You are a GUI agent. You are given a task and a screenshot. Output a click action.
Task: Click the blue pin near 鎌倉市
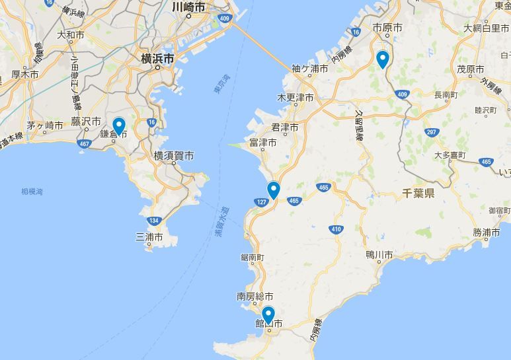(x=119, y=125)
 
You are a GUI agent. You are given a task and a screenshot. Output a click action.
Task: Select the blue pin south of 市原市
(x=382, y=59)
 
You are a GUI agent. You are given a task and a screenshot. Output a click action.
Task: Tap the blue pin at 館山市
(x=268, y=315)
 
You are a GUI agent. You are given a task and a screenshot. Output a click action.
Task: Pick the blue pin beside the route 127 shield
(x=273, y=190)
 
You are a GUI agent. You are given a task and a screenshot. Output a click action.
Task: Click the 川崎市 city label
(x=188, y=7)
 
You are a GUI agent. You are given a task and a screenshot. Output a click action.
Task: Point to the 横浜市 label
(x=158, y=58)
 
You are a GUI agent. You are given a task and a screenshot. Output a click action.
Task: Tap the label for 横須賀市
(x=174, y=156)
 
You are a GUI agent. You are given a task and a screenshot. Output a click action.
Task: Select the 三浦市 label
(x=149, y=236)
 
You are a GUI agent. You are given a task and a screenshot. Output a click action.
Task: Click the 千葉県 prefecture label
(x=418, y=193)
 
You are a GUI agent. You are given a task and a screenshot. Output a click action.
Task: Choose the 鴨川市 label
(x=379, y=254)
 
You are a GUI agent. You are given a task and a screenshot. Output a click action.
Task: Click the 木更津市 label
(x=295, y=98)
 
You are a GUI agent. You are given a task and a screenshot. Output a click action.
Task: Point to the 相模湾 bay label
(x=32, y=192)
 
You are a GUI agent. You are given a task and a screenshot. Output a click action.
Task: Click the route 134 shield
(x=153, y=221)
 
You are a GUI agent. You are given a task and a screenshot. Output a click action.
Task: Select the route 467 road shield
(x=84, y=143)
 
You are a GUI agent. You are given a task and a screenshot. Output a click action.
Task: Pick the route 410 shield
(x=336, y=229)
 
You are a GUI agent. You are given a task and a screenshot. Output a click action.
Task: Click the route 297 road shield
(x=431, y=132)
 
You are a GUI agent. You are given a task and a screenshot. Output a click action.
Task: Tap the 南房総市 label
(x=255, y=297)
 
